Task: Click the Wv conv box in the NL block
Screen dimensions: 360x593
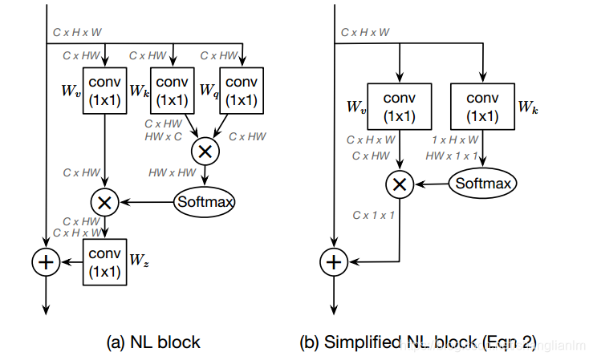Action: coord(104,91)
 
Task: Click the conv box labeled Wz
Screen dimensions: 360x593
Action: coord(104,262)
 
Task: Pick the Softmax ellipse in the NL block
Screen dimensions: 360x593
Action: coord(204,201)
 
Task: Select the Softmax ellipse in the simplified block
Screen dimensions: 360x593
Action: coord(482,183)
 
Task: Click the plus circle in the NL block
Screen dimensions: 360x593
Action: coord(46,262)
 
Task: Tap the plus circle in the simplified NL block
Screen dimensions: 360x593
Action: coord(334,261)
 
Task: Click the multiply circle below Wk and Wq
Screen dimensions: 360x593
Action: coord(205,150)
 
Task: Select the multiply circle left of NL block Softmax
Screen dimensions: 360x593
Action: coord(104,202)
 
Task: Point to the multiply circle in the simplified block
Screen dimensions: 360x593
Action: coord(399,184)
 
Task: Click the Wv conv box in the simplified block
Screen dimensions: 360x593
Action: coord(399,106)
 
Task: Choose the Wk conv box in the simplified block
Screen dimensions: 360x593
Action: coord(481,106)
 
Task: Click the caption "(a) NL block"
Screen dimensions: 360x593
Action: coord(153,342)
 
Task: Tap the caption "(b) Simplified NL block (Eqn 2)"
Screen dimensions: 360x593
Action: coord(417,342)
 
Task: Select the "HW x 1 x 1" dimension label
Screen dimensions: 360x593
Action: coord(453,155)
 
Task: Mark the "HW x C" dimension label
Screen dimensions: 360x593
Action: coord(163,136)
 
